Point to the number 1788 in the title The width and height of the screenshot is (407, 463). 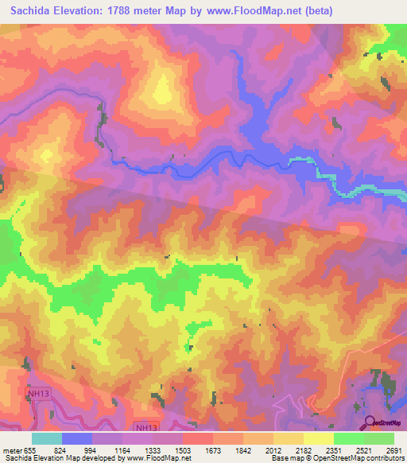(138, 10)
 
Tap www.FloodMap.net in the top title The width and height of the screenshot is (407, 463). (256, 10)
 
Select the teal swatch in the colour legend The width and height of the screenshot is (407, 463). (47, 438)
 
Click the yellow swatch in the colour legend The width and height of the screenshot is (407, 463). (319, 438)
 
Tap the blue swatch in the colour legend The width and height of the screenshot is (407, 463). (77, 438)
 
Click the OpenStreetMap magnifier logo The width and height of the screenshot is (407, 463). (369, 422)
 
